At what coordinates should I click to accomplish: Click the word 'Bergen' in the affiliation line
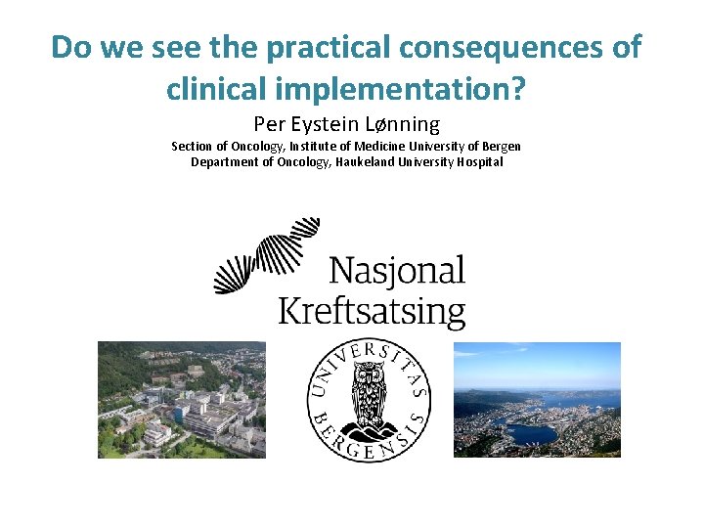coord(502,147)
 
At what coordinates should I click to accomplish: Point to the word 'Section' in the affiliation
coord(192,147)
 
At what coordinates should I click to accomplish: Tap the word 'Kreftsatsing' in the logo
coord(372,313)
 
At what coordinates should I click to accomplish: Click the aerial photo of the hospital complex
coord(181,399)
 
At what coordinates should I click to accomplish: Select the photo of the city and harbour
coord(537,399)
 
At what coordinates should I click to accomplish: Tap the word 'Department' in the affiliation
coord(224,162)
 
